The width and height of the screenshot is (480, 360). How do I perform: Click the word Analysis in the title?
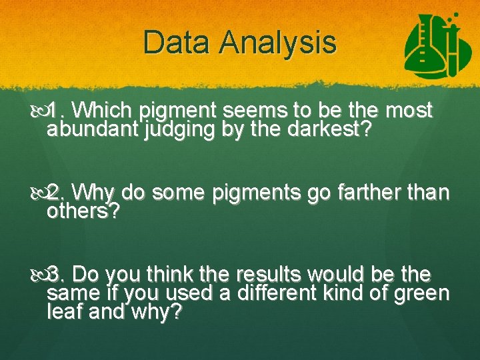point(279,43)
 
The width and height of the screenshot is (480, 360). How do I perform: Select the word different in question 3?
point(297,293)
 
